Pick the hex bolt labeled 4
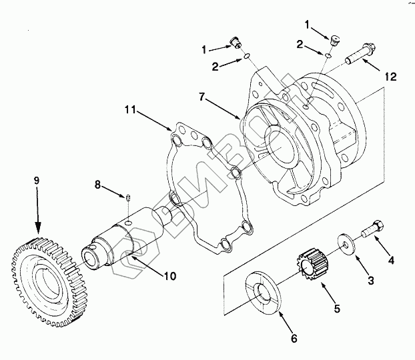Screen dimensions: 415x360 click(372, 229)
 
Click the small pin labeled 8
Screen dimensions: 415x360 click(128, 197)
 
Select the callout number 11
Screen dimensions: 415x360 click(130, 110)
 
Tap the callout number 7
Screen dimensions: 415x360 click(201, 97)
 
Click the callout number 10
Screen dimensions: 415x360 click(170, 276)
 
